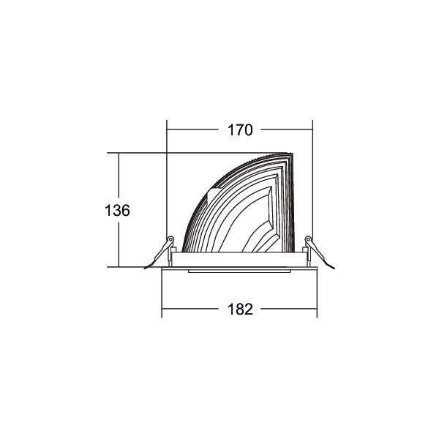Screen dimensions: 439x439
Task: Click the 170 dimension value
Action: [x=239, y=130]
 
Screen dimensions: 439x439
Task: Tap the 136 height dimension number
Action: [x=117, y=211]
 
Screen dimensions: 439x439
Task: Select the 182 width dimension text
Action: [x=239, y=309]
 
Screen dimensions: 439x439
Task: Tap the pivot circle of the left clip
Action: [x=170, y=239]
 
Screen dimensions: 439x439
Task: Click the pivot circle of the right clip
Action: [x=308, y=239]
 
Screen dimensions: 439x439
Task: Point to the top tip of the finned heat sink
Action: [x=291, y=154]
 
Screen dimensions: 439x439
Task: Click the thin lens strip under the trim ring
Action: [x=239, y=271]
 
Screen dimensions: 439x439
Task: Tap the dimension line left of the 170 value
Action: [x=193, y=130]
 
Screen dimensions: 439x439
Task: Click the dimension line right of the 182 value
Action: [x=288, y=309]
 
